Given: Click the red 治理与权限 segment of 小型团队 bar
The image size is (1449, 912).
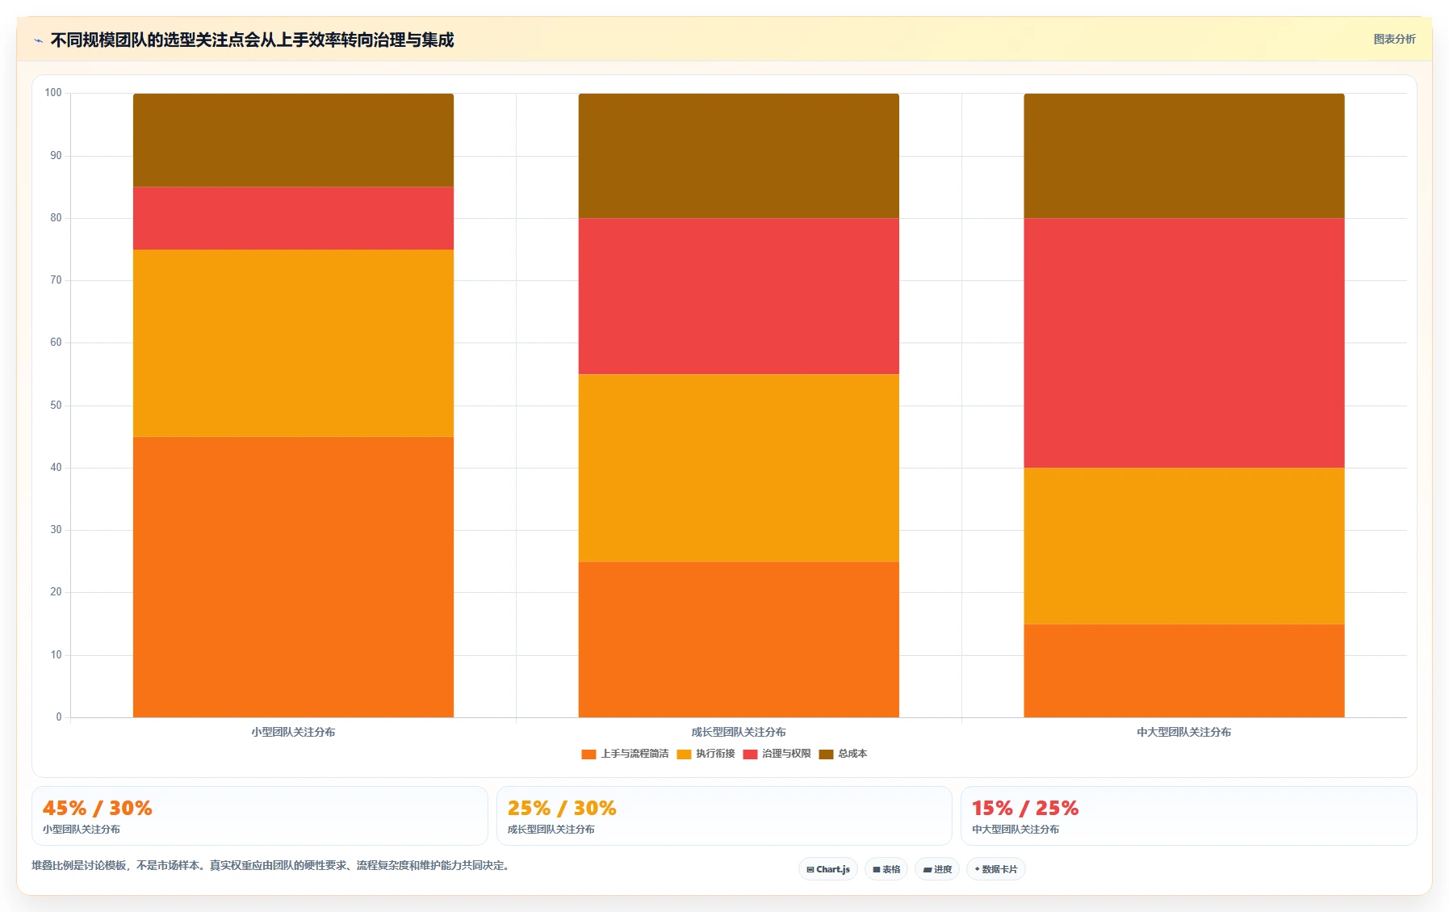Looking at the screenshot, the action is pos(293,218).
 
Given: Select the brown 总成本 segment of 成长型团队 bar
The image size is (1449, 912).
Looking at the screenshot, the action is pos(739,156).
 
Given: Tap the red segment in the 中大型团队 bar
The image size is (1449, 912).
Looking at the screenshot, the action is pos(1184,343).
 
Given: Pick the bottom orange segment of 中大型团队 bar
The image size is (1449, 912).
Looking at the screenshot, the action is pos(1184,670).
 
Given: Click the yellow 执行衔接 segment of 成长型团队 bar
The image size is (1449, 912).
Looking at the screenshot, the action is pos(739,468).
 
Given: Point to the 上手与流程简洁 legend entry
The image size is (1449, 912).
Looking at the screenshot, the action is pos(625,754).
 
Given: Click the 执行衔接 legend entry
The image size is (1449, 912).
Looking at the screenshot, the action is pos(706,754).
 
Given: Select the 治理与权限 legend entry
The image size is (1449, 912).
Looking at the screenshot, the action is pos(777,754).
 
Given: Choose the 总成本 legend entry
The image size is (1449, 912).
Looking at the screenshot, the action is pos(843,754).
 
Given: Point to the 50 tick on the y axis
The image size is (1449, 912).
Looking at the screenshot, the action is pos(56,406).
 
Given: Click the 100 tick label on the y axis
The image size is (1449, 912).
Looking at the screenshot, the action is pos(53,93).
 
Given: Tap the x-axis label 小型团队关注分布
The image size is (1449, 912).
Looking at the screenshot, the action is pos(293,732).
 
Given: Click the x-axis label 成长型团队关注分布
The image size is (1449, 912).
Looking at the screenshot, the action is pos(739,732).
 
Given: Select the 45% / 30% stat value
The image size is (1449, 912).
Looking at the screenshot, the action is pos(98,808).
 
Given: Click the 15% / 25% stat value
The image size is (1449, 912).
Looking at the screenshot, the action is pos(1025,808).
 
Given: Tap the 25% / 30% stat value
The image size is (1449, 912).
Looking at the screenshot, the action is pos(562,808).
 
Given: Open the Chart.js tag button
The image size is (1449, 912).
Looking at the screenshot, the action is pos(828,869).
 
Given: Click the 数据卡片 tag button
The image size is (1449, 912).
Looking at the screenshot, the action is pos(996,869).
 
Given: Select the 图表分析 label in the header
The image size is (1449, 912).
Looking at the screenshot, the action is pos(1394,39).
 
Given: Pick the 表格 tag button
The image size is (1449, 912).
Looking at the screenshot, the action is pos(886,869).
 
